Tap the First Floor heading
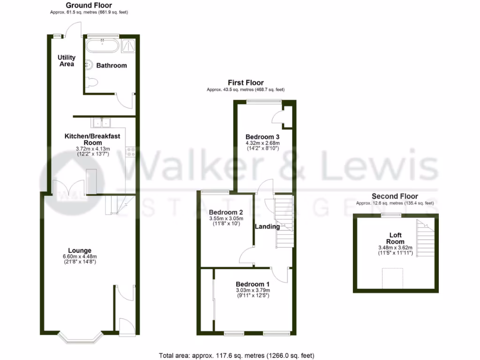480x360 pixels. coord(246,82)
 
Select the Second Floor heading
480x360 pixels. coord(395,196)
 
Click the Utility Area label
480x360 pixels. coord(67,60)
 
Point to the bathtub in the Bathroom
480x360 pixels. coord(102,45)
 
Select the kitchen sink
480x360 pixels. coord(101,123)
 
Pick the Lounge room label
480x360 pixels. coord(79,250)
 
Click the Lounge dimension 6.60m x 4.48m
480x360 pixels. coord(79,256)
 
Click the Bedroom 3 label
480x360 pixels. coord(262,137)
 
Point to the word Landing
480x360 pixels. coord(267,227)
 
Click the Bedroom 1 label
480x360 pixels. coord(253,284)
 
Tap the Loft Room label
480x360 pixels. coord(395,238)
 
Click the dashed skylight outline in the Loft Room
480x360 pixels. coord(392,278)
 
